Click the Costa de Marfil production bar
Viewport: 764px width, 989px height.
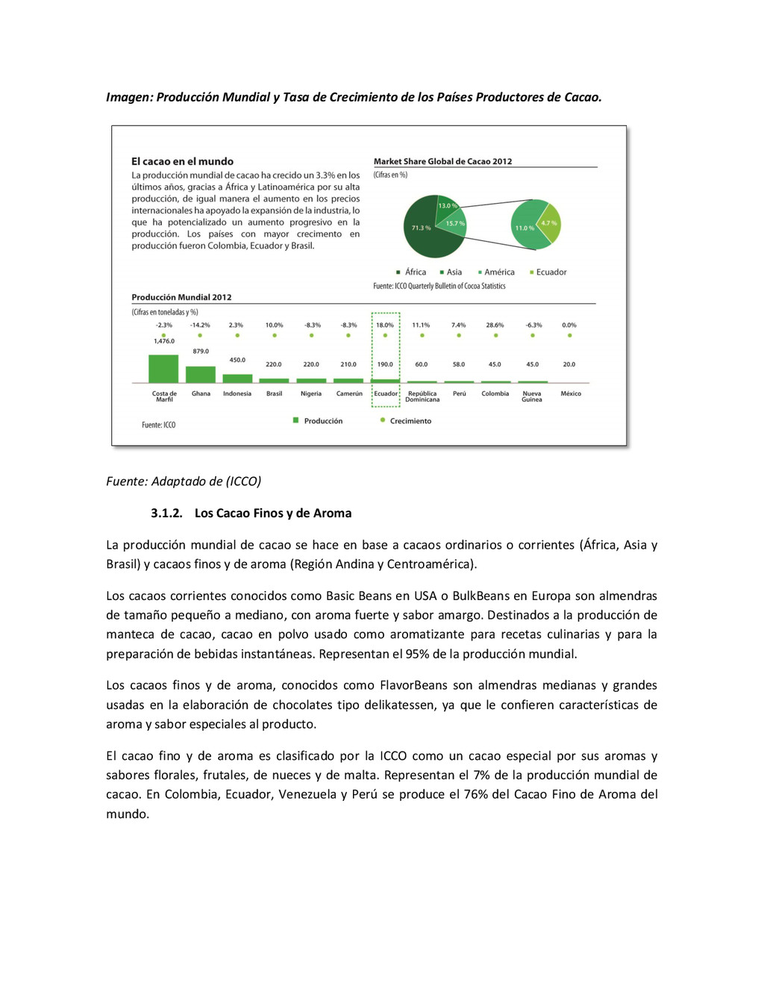163,369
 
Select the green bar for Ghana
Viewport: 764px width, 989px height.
200,375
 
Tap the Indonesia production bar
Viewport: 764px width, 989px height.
237,378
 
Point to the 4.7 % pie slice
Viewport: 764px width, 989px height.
551,224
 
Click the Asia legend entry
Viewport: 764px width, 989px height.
451,272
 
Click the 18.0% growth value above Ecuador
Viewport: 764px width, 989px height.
385,325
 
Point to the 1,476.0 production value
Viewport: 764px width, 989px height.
164,341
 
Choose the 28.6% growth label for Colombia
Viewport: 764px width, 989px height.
495,325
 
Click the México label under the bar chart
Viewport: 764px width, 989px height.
571,393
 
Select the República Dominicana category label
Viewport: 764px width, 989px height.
422,396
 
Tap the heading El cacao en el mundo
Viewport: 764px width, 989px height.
183,161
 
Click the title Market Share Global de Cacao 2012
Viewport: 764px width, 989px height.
442,161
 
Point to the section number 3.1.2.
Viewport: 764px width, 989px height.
166,514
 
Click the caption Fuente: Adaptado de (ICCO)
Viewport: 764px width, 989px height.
184,481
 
